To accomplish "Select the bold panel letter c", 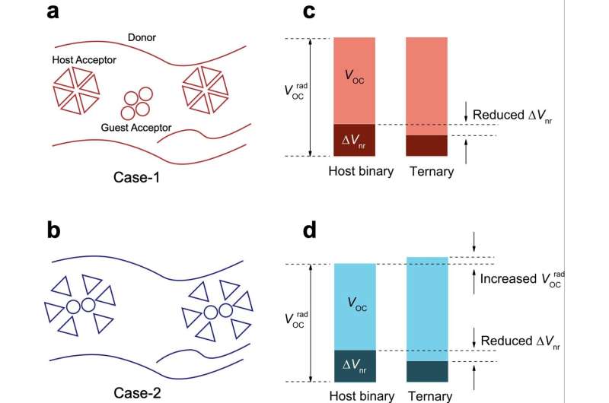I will click(310, 11).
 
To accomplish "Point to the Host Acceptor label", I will click(84, 60).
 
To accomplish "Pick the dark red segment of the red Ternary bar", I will click(426, 145).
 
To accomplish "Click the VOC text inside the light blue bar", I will click(354, 300).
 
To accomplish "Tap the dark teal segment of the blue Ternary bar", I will click(426, 371).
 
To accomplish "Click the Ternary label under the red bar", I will click(431, 171).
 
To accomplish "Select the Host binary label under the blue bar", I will click(362, 395).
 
